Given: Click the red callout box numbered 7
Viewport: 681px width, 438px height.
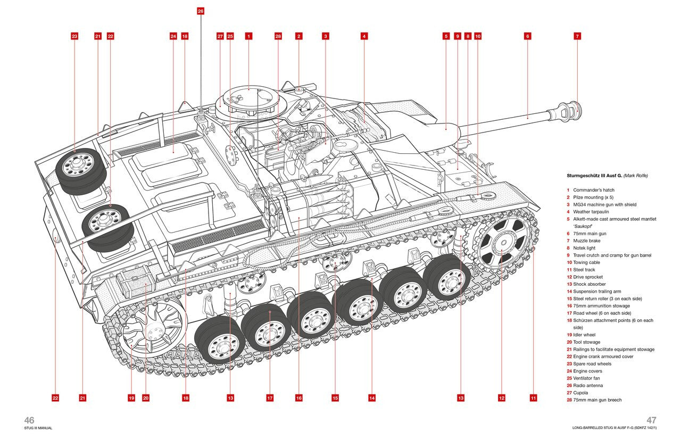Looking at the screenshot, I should click(577, 36).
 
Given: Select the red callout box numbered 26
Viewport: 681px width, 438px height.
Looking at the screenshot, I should click(200, 11).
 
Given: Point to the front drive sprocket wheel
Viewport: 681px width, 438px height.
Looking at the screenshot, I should click(501, 243).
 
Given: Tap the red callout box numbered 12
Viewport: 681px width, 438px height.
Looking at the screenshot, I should click(501, 398).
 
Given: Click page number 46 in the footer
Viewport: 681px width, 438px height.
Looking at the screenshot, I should click(29, 420).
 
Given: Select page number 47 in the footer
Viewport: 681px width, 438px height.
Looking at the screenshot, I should click(652, 420).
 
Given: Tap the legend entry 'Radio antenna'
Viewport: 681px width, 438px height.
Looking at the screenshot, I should click(588, 385).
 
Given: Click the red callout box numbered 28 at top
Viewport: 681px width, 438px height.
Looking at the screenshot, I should click(278, 36).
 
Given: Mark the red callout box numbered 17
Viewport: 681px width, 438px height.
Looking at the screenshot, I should click(270, 398).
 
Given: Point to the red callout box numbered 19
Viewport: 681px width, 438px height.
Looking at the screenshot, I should click(131, 398).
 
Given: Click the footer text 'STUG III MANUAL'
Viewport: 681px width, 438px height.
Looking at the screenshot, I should click(38, 428).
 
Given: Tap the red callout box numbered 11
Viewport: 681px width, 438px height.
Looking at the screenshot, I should click(533, 398).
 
